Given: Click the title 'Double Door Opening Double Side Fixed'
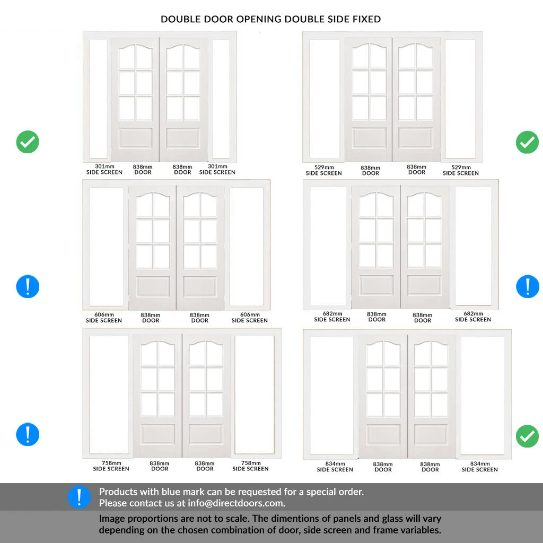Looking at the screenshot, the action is click(x=270, y=19).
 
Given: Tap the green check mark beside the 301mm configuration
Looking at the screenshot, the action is click(x=28, y=142).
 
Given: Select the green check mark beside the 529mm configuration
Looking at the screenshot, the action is click(x=528, y=142).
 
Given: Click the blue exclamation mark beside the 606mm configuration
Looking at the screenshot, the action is click(x=28, y=286).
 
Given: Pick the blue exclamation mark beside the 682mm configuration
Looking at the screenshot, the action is click(x=528, y=286).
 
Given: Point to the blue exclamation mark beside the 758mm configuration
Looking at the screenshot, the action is click(x=28, y=434).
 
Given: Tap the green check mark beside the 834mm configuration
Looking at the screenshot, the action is click(x=528, y=436).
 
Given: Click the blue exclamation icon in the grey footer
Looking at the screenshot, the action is click(x=80, y=497).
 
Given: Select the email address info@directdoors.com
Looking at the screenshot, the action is click(x=236, y=503).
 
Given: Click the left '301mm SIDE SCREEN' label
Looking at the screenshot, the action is click(x=104, y=169).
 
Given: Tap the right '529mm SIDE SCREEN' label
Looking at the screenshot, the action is click(x=461, y=170).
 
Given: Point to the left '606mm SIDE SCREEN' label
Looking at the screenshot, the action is click(x=104, y=318).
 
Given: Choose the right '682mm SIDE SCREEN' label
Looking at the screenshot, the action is click(x=473, y=317).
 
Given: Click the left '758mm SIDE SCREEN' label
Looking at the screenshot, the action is click(x=111, y=466).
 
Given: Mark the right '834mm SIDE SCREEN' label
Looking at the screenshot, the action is click(x=479, y=467).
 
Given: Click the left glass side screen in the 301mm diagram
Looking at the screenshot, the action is click(x=98, y=99).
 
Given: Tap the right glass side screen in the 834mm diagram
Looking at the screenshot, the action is click(x=483, y=396).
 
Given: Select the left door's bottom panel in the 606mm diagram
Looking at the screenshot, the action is click(x=153, y=286).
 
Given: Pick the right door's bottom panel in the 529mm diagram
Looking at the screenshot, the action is click(x=416, y=138).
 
